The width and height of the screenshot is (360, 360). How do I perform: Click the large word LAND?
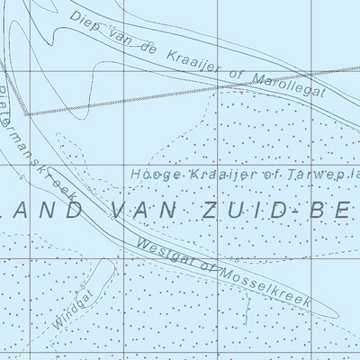44,209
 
